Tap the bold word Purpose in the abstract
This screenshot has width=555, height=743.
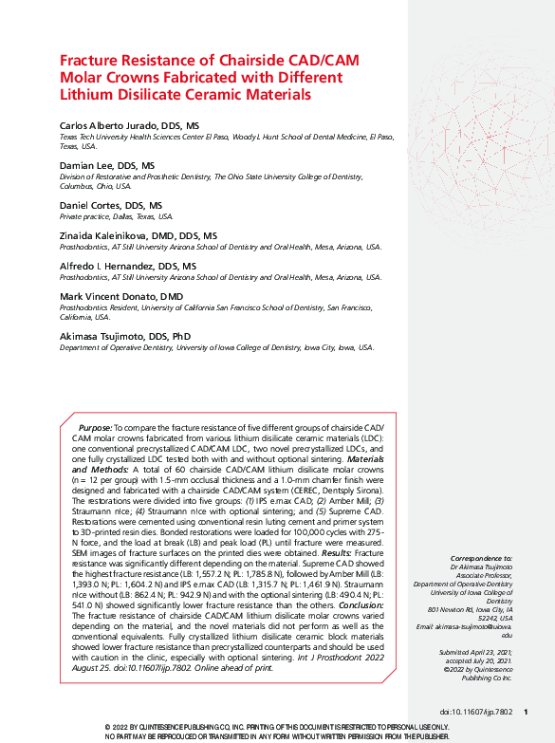[95, 429]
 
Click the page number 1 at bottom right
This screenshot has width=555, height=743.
[526, 711]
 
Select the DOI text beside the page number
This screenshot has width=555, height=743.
[475, 711]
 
